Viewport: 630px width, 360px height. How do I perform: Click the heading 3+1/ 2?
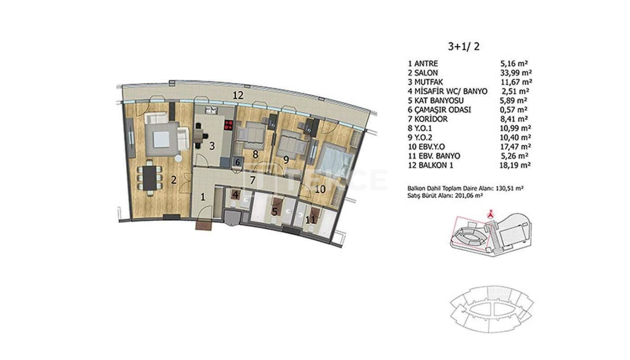point(463,47)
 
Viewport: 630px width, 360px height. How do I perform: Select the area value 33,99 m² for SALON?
point(515,73)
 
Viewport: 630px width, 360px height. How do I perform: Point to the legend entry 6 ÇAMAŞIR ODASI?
point(440,110)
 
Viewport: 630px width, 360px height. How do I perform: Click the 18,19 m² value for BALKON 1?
point(515,165)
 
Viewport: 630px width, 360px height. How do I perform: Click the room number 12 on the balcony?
point(238,96)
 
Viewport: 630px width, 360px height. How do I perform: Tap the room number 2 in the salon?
point(173,180)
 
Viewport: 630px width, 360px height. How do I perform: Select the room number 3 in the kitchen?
point(211,146)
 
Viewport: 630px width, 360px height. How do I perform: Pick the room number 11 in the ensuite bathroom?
point(310,220)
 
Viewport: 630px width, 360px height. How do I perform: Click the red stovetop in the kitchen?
point(228,125)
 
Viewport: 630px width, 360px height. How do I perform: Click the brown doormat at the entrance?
point(204,225)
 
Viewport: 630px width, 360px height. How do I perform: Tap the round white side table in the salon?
point(179,158)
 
